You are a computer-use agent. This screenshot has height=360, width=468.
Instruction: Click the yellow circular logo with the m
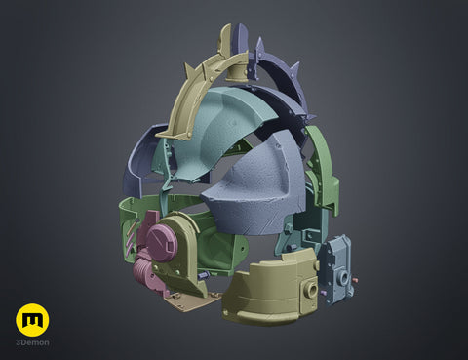(32, 320)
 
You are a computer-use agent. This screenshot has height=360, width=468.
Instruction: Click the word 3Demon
(33, 342)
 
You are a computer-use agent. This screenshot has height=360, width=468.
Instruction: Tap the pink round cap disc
(161, 242)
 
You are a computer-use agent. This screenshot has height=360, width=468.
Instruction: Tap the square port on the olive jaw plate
(309, 288)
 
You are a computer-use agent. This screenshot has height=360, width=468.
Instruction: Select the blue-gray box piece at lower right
(335, 269)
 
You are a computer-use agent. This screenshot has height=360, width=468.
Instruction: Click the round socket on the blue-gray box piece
(344, 278)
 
